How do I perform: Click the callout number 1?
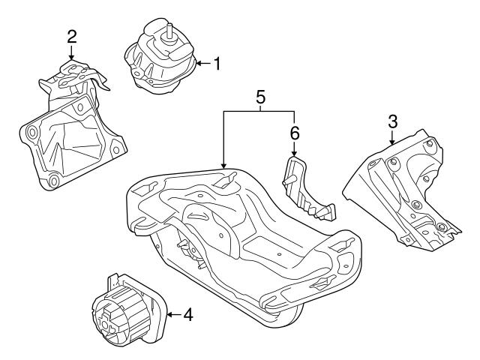point(217,64)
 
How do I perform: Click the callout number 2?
point(71,35)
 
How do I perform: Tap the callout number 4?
point(187,314)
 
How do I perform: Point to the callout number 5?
point(260,97)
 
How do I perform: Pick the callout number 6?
point(295,133)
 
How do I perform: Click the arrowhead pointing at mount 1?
point(196,64)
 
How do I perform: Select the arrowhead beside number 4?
point(169,314)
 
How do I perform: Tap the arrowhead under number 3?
point(392,142)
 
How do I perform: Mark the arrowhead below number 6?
point(295,154)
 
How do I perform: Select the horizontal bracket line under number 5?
point(259,112)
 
